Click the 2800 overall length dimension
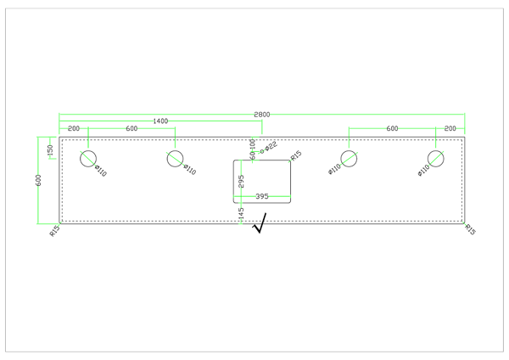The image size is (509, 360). click(x=262, y=113)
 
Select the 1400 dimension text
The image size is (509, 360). click(x=160, y=121)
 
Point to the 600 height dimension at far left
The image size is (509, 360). click(x=38, y=179)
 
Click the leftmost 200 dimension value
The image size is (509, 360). click(x=74, y=128)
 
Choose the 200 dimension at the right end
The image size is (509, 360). click(x=450, y=128)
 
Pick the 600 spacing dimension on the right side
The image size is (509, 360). click(x=392, y=128)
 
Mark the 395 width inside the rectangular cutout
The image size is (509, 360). click(x=262, y=196)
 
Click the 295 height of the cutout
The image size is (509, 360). click(x=242, y=182)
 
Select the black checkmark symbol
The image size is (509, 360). click(x=260, y=223)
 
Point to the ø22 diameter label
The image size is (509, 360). click(x=270, y=147)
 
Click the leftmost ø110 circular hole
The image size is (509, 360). click(x=88, y=158)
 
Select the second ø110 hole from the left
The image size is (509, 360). click(x=175, y=158)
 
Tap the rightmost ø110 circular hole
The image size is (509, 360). click(x=436, y=158)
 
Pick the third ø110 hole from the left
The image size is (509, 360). click(x=349, y=158)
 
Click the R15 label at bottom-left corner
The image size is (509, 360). click(x=54, y=230)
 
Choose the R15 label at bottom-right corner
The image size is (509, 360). click(x=469, y=229)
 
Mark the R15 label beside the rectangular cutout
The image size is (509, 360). click(x=296, y=156)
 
